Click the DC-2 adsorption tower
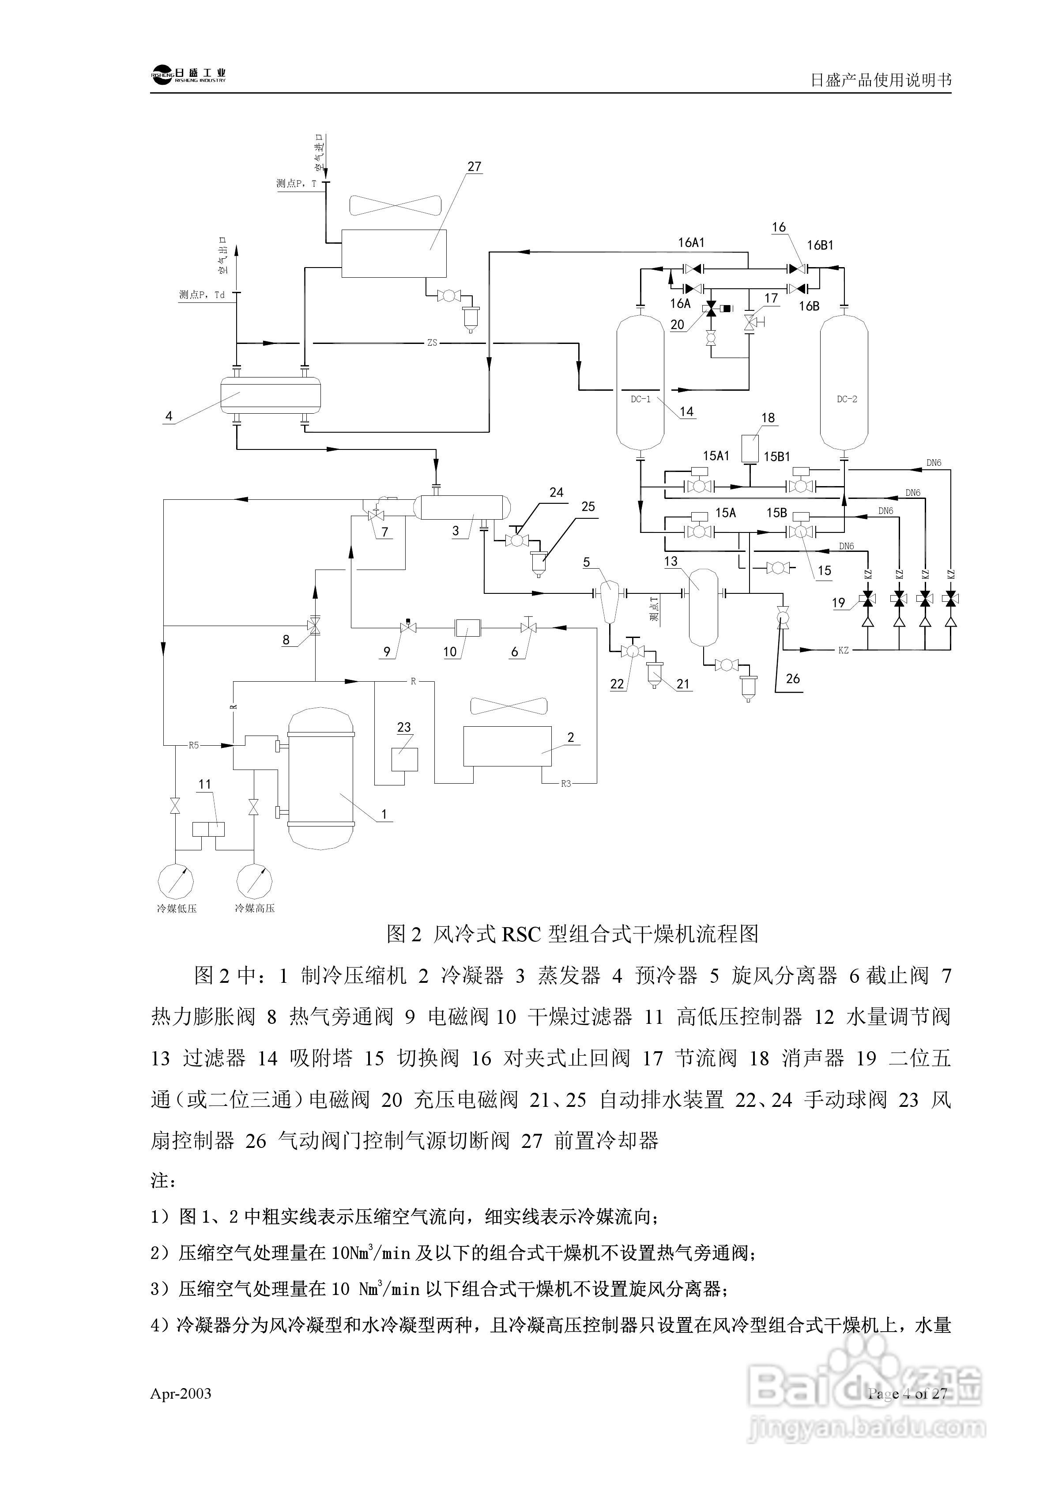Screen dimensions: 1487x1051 coord(844,382)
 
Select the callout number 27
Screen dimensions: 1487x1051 coord(475,166)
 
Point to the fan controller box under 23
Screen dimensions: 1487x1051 coord(405,759)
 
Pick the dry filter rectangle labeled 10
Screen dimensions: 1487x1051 coord(467,627)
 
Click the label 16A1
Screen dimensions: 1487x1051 coord(691,243)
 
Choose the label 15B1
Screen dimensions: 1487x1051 coord(776,457)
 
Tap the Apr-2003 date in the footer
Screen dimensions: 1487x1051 coord(181,1394)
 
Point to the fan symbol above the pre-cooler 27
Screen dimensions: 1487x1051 coord(396,205)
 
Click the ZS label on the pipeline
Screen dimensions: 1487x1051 coord(432,343)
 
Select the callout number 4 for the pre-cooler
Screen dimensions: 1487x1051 coord(169,416)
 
